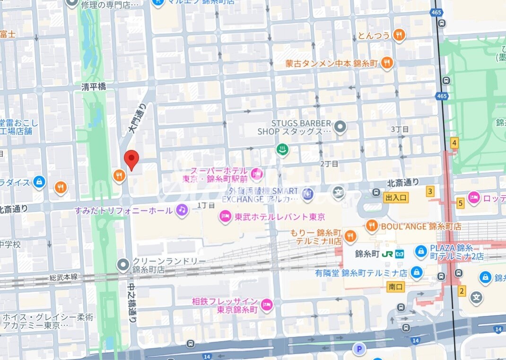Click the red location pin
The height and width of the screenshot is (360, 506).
pyautogui.click(x=131, y=159)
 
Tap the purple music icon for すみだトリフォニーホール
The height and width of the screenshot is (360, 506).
pyautogui.click(x=182, y=210)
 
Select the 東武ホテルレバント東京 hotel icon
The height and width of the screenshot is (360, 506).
pyautogui.click(x=225, y=217)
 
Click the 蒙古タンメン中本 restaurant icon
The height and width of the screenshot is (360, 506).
pyautogui.click(x=387, y=63)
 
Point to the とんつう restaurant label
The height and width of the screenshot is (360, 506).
pyautogui.click(x=374, y=35)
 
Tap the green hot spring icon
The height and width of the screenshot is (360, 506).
pyautogui.click(x=282, y=149)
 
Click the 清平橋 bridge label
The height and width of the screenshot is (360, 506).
pyautogui.click(x=93, y=87)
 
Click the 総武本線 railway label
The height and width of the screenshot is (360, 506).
pyautogui.click(x=63, y=277)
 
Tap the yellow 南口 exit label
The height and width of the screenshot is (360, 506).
pyautogui.click(x=395, y=287)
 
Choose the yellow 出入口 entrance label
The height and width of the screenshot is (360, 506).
pyautogui.click(x=396, y=197)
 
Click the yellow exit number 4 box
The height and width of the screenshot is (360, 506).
pyautogui.click(x=454, y=143)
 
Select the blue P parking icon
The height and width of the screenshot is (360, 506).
pyautogui.click(x=359, y=349)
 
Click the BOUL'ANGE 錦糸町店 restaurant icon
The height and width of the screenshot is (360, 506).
pyautogui.click(x=372, y=226)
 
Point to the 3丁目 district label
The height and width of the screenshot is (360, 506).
pyautogui.click(x=399, y=129)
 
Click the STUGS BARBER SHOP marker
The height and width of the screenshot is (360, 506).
pyautogui.click(x=340, y=127)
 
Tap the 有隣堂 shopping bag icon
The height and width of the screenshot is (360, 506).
pyautogui.click(x=416, y=272)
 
